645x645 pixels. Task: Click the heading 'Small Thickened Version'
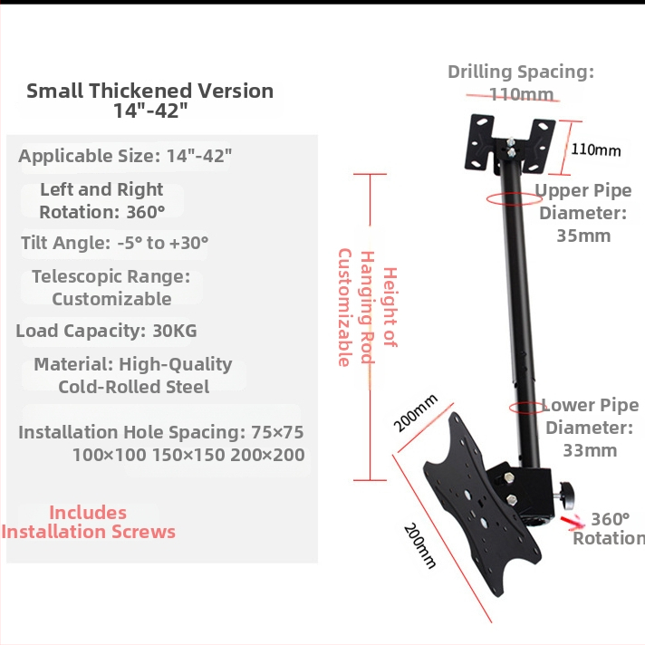tap(150, 91)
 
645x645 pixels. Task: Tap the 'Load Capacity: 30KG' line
tap(106, 332)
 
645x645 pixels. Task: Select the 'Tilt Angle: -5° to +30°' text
tap(115, 243)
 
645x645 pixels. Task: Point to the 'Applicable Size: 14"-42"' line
tap(125, 157)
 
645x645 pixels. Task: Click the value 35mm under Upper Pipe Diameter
tap(583, 236)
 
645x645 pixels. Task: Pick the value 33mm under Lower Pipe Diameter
tap(590, 451)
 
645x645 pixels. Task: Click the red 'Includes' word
tap(88, 513)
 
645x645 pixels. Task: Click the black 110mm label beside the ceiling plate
tap(596, 149)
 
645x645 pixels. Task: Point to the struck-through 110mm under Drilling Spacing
tap(522, 95)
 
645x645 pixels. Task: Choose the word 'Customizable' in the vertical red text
tap(345, 307)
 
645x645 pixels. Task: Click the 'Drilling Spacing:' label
tap(521, 72)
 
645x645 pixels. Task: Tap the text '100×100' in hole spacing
tap(109, 455)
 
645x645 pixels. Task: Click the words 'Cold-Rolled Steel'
tap(134, 387)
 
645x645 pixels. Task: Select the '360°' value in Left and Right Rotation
tap(146, 212)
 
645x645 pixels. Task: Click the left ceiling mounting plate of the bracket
tap(479, 142)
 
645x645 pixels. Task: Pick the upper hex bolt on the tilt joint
tap(508, 477)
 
